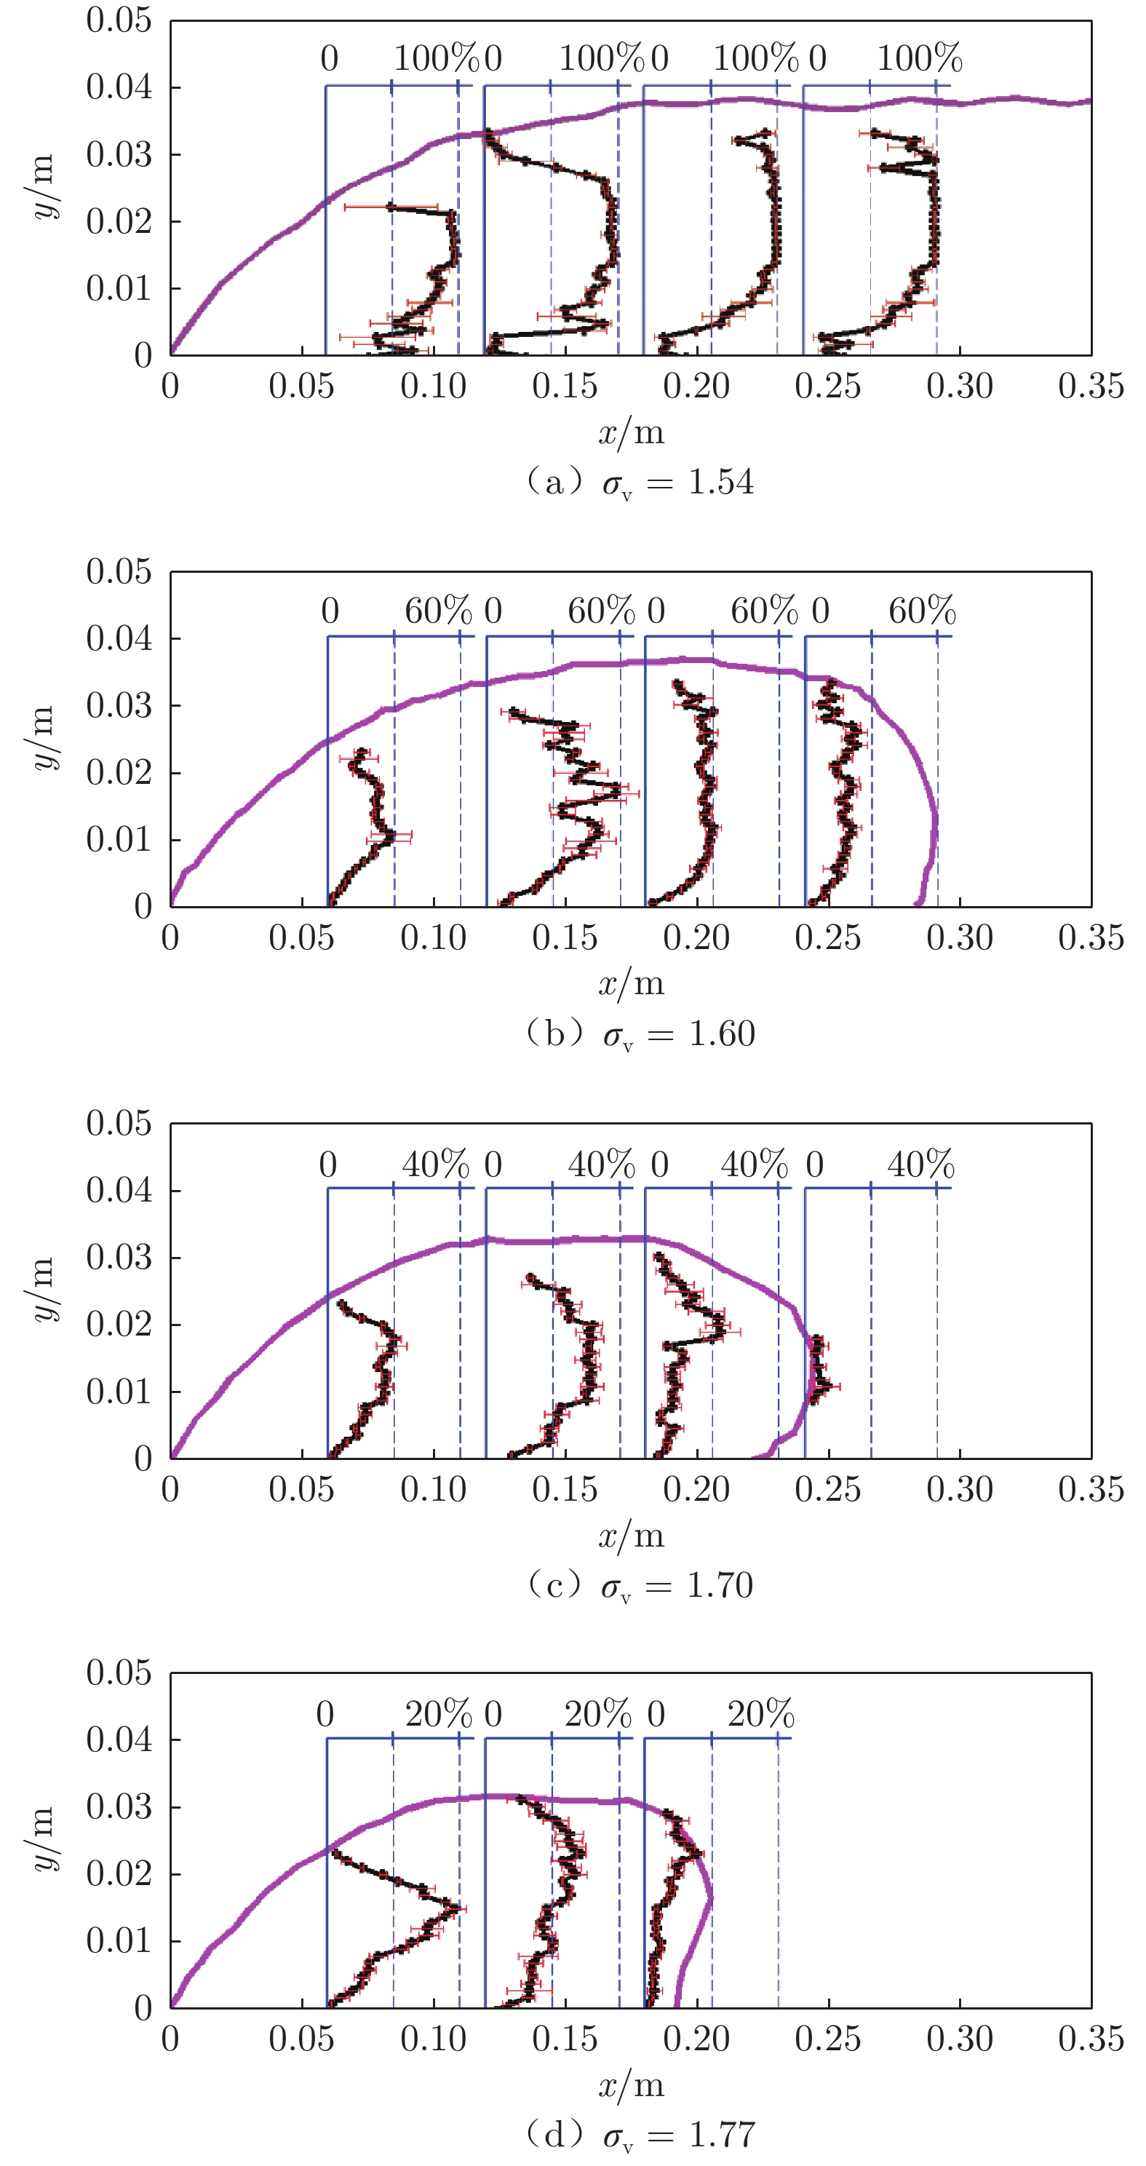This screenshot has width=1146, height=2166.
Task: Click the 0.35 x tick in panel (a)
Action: (x=1091, y=386)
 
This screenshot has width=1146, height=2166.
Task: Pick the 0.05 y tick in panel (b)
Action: (x=119, y=572)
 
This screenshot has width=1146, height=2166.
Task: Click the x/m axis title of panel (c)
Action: (x=631, y=1536)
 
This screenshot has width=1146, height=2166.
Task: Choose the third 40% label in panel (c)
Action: (x=755, y=1165)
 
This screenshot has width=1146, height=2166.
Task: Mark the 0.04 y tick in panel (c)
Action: (x=119, y=1190)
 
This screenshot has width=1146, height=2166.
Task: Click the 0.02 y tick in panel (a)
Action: (x=119, y=222)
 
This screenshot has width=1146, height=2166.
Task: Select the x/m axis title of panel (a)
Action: (x=631, y=433)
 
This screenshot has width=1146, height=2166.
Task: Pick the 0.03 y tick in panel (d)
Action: (x=119, y=1807)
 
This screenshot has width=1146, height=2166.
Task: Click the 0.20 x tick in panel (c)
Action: (x=696, y=1489)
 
